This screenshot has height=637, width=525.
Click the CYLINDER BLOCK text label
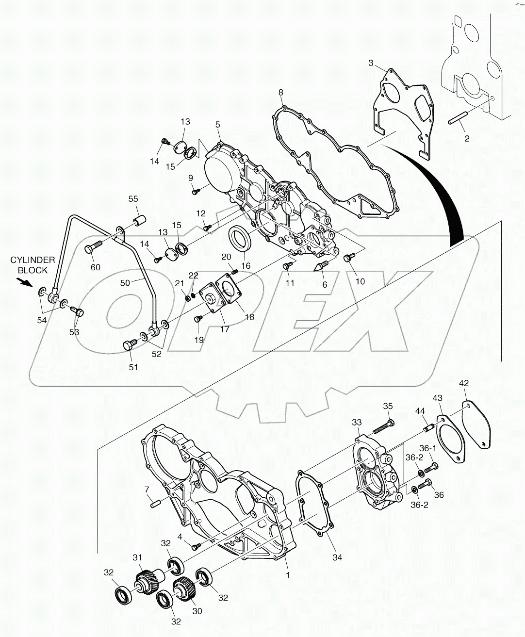29,265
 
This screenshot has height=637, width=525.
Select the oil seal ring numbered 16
240,238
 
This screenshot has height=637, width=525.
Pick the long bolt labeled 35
384,426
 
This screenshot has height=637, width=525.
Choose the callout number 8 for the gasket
280,92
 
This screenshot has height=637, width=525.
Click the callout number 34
337,557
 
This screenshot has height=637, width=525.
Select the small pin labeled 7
156,505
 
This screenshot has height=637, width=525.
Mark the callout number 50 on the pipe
125,283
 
